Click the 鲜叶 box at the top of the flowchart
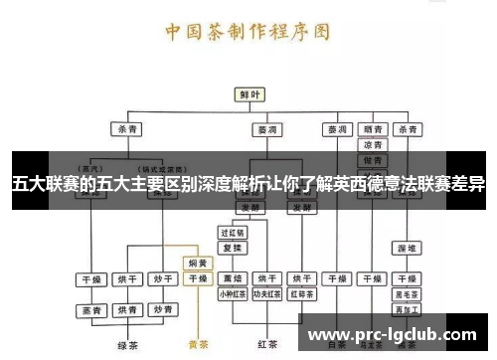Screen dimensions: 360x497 point(248,93)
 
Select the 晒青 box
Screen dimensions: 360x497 point(373,129)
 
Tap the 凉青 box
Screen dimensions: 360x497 point(373,144)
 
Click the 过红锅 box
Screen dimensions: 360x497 point(233,232)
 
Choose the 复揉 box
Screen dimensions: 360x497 point(233,247)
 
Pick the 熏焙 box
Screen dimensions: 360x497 point(233,278)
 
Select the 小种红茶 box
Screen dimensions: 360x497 point(233,293)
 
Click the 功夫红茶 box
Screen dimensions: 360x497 point(267,293)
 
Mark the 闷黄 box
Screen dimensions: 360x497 point(198,264)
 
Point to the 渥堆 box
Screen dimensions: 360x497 point(406,247)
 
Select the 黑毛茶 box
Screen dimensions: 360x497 point(406,293)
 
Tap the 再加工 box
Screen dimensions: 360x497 point(406,309)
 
